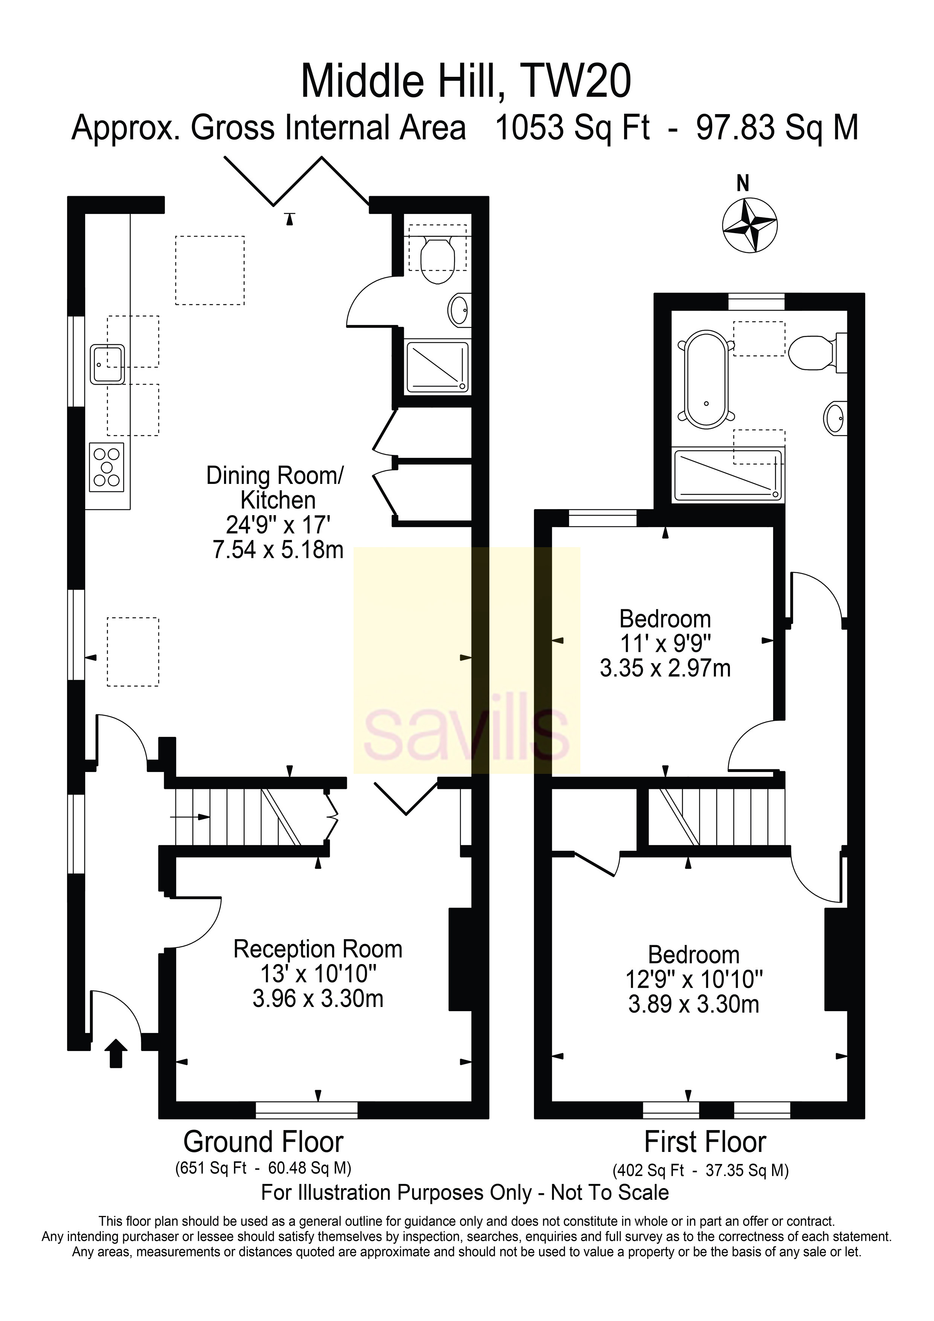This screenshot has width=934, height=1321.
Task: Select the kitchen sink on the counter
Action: pyautogui.click(x=107, y=364)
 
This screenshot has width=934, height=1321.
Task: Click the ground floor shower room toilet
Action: pyautogui.click(x=437, y=261)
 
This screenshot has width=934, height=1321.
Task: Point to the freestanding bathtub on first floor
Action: pyautogui.click(x=706, y=378)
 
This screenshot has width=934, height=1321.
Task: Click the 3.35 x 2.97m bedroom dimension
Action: pyautogui.click(x=665, y=668)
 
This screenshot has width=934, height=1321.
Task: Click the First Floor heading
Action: pyautogui.click(x=705, y=1141)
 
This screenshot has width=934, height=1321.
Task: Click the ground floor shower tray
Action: pyautogui.click(x=437, y=366)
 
